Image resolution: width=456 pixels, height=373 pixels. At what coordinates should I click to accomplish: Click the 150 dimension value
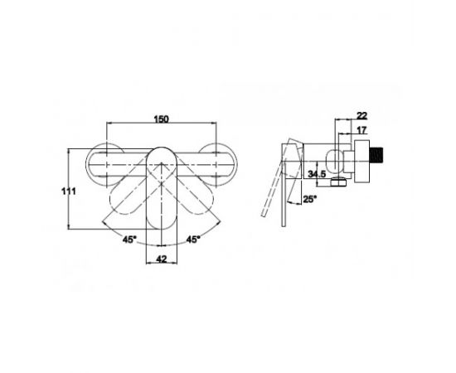pos(162,119)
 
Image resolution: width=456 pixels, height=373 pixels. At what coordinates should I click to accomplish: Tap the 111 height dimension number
pos(68,191)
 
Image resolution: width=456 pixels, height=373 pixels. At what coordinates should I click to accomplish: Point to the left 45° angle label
pos(129,240)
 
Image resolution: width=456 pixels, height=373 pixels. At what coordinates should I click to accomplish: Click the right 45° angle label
pos(193,240)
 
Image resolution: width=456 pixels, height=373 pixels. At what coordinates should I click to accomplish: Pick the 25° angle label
pos(310,199)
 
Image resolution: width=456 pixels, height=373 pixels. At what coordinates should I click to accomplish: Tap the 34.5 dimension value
pos(317,174)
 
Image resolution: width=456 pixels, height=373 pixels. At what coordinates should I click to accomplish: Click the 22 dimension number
pos(361,116)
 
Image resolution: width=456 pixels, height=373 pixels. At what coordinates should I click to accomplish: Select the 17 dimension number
pos(361,130)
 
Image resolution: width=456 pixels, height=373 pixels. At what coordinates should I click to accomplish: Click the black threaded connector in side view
pos(376,160)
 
